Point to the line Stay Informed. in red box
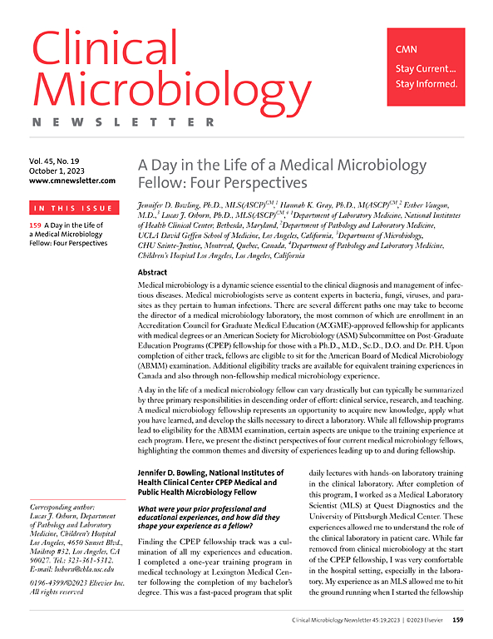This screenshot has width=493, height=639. (426, 83)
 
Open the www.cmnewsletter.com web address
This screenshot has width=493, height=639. (72, 180)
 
